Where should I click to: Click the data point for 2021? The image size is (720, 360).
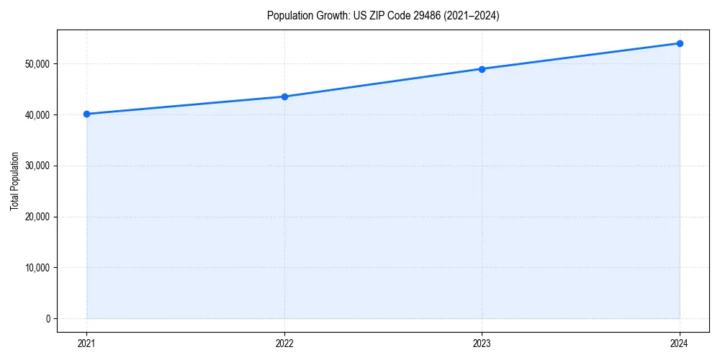[86, 114]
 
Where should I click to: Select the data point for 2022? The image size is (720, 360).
[284, 96]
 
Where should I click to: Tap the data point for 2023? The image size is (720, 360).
[482, 69]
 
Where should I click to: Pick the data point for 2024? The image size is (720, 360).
[680, 43]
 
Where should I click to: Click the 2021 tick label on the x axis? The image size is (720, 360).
[86, 343]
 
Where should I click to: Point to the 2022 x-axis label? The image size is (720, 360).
[284, 343]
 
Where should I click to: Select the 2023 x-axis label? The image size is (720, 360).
[482, 343]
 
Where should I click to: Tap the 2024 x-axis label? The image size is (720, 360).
[680, 343]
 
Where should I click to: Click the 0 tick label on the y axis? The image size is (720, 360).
[48, 319]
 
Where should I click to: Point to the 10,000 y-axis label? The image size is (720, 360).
[36, 268]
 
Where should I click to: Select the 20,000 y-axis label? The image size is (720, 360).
[36, 217]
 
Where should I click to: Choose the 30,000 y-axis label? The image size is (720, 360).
[36, 166]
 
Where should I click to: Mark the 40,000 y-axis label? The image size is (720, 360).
[36, 115]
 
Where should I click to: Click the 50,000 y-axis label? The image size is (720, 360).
[36, 64]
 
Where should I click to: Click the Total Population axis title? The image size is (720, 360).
[14, 181]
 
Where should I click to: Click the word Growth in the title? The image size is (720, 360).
[328, 16]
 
